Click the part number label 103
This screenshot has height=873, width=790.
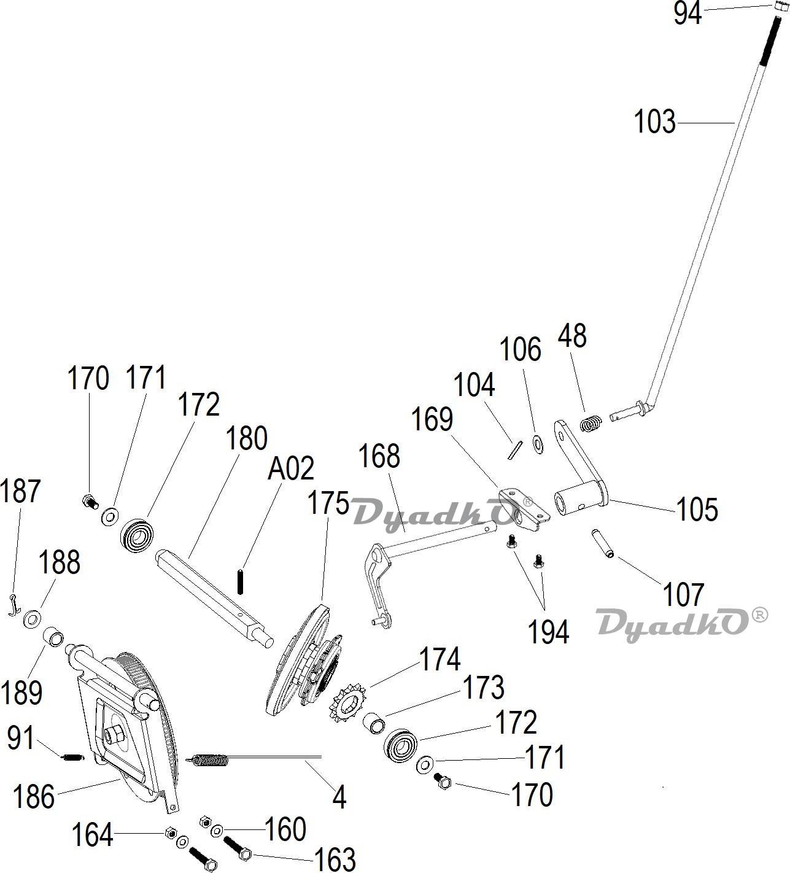click(654, 122)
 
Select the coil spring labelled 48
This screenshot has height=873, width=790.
click(592, 423)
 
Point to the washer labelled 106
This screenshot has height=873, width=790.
click(538, 443)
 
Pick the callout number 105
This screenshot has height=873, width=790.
click(697, 510)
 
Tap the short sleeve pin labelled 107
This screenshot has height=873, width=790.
click(603, 543)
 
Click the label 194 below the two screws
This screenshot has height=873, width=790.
click(548, 632)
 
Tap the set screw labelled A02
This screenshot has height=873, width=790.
click(240, 582)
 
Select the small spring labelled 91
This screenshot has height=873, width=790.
click(72, 758)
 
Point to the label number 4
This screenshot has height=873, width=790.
click(339, 798)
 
